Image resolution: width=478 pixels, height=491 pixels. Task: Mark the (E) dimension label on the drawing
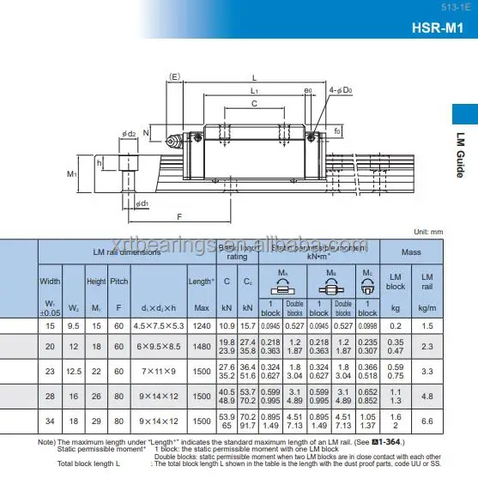(174, 77)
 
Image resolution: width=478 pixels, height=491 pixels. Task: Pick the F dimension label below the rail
(178, 216)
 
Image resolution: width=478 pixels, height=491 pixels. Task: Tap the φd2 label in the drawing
(130, 133)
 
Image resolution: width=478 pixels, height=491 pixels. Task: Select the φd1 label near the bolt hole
(142, 203)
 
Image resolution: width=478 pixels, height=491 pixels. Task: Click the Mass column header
(411, 252)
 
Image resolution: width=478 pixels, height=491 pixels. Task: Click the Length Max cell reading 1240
(202, 326)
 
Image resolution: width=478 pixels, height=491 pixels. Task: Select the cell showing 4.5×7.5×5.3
(160, 326)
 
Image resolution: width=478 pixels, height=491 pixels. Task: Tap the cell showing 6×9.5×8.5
(160, 346)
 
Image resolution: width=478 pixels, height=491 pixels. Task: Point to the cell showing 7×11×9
(160, 371)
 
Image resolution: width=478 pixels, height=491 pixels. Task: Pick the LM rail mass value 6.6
(427, 421)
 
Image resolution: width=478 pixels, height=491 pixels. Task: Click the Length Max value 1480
(202, 346)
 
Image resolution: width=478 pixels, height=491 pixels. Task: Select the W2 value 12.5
(74, 371)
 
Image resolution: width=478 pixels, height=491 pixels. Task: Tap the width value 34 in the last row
(50, 421)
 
